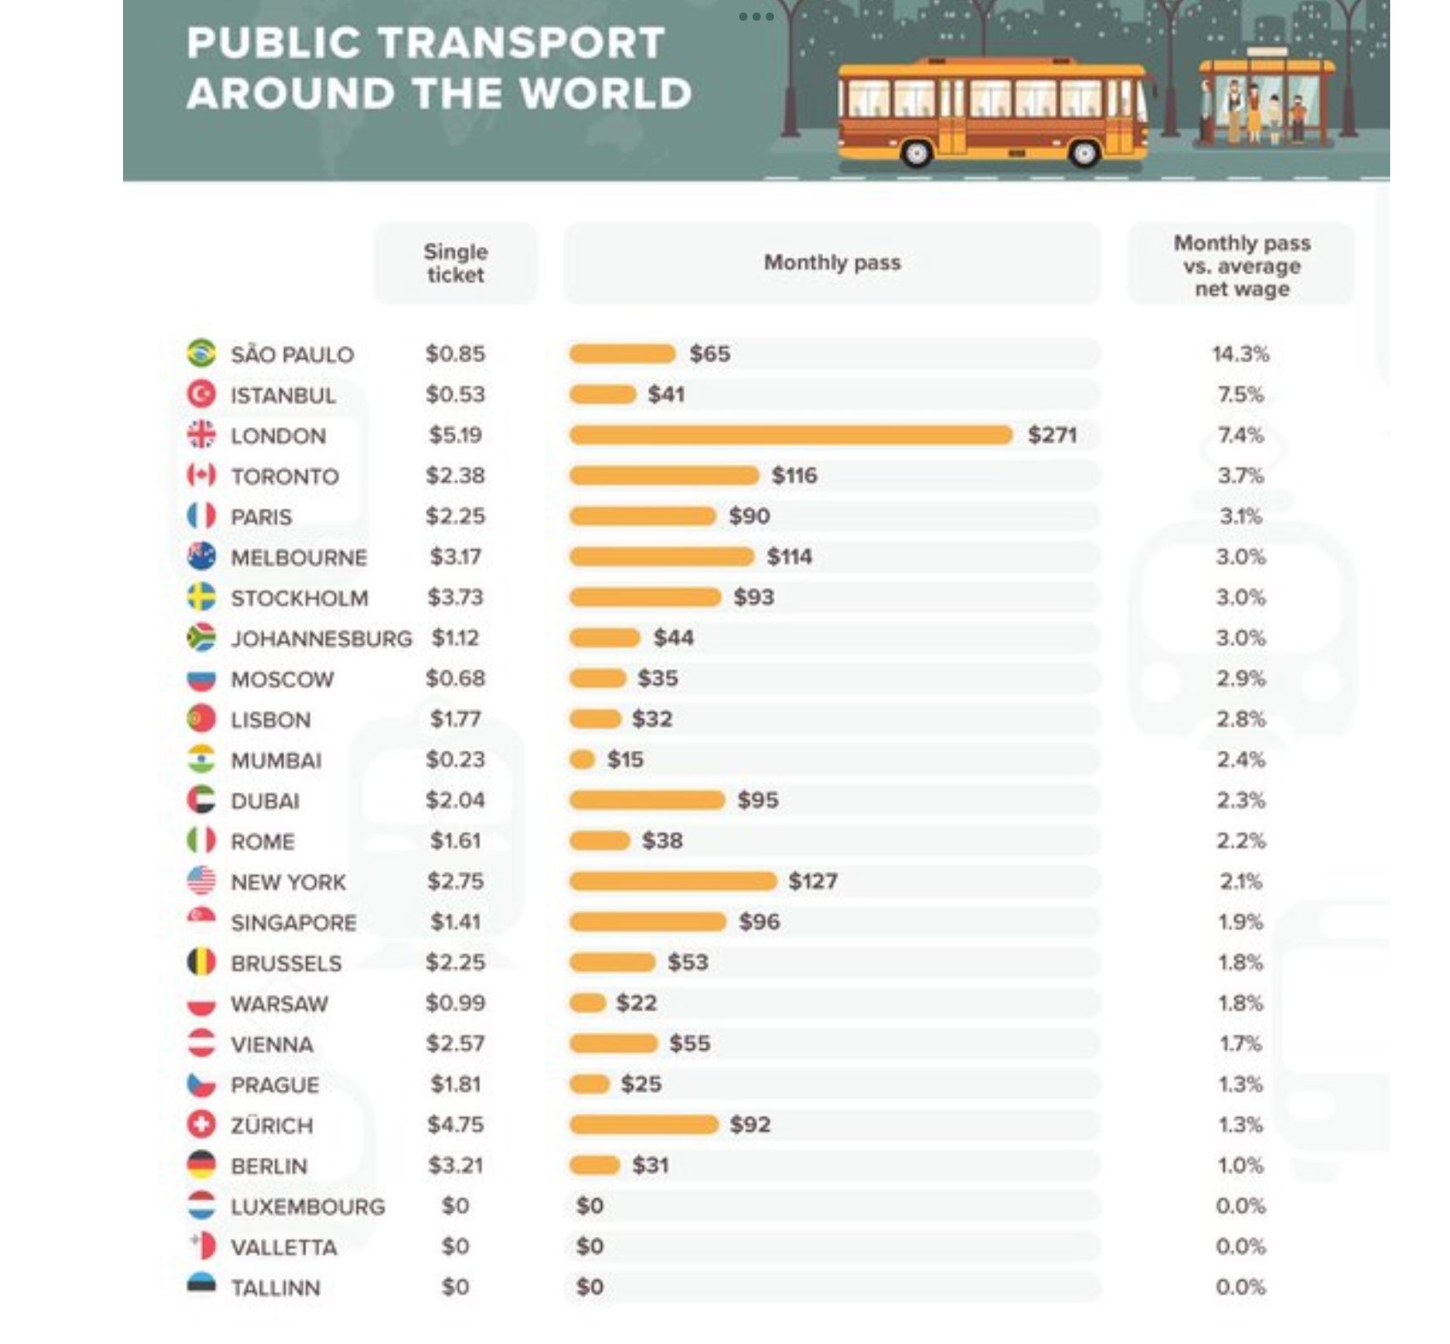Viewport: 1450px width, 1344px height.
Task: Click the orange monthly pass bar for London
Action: click(790, 435)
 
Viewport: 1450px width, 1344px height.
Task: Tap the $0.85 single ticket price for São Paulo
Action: click(455, 354)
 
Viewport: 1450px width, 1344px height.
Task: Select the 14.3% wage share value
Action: click(1240, 354)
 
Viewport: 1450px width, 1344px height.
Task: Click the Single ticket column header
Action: click(456, 263)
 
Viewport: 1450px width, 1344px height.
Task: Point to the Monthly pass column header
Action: click(831, 263)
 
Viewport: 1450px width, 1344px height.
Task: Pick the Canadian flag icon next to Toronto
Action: click(201, 475)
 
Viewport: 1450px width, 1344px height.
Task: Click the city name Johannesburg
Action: click(321, 638)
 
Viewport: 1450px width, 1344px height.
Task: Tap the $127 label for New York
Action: click(812, 881)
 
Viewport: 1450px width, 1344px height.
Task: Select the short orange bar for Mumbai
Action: click(582, 760)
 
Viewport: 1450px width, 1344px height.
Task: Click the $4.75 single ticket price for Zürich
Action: click(455, 1125)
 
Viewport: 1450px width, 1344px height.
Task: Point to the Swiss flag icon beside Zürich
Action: click(201, 1125)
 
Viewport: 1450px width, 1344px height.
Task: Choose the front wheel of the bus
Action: click(1083, 153)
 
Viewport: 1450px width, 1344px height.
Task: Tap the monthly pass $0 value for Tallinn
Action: click(589, 1287)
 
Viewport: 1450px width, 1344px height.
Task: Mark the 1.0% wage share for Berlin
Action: click(1240, 1165)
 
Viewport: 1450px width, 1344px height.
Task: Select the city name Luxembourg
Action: click(308, 1207)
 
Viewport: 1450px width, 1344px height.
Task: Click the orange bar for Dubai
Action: click(647, 800)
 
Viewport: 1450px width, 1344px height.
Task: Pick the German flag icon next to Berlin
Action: click(201, 1165)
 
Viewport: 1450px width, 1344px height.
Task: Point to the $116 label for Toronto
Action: click(794, 475)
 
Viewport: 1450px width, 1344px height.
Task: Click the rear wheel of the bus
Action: click(916, 153)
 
